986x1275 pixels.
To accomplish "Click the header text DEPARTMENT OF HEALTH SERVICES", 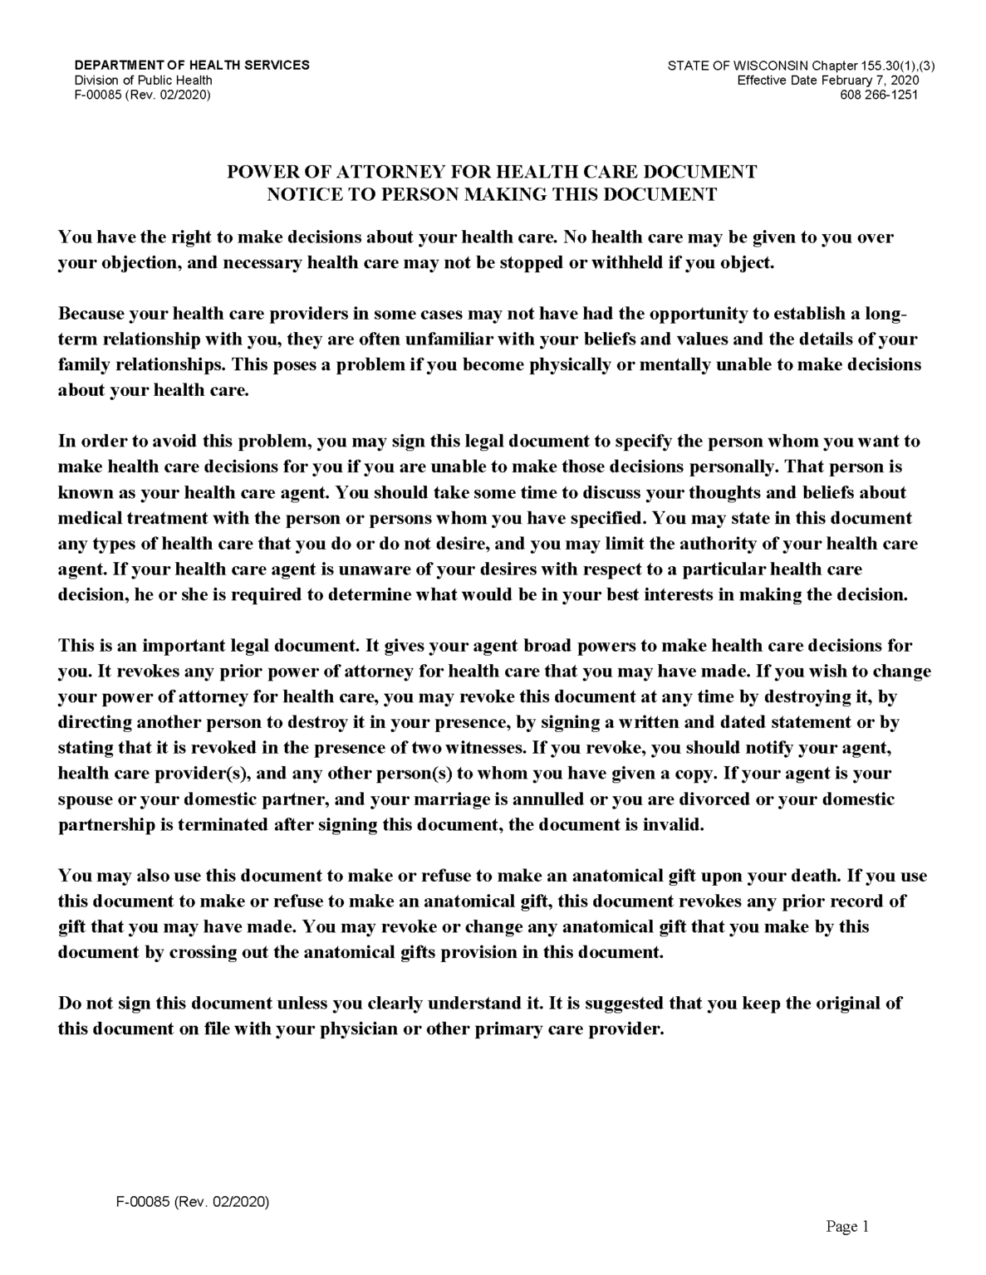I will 192,65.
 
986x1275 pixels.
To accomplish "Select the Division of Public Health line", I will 143,80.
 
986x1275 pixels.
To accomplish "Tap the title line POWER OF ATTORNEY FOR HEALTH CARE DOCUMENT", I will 492,172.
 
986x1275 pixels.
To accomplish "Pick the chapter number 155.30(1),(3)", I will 883,65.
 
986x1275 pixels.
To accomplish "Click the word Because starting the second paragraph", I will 93,315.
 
